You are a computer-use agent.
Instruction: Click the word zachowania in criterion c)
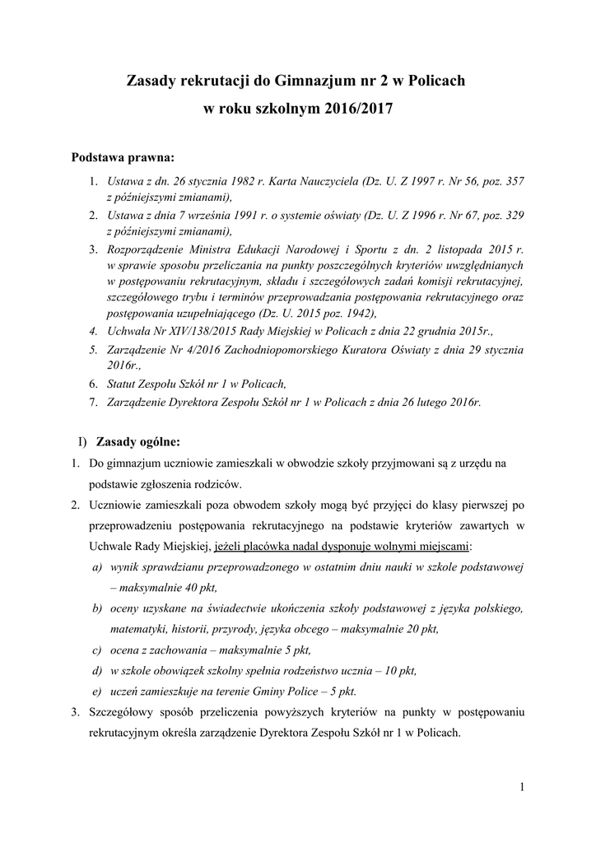pyautogui.click(x=168, y=650)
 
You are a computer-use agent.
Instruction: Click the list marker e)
pyautogui.click(x=97, y=691)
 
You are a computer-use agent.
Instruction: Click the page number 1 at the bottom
pyautogui.click(x=522, y=788)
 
